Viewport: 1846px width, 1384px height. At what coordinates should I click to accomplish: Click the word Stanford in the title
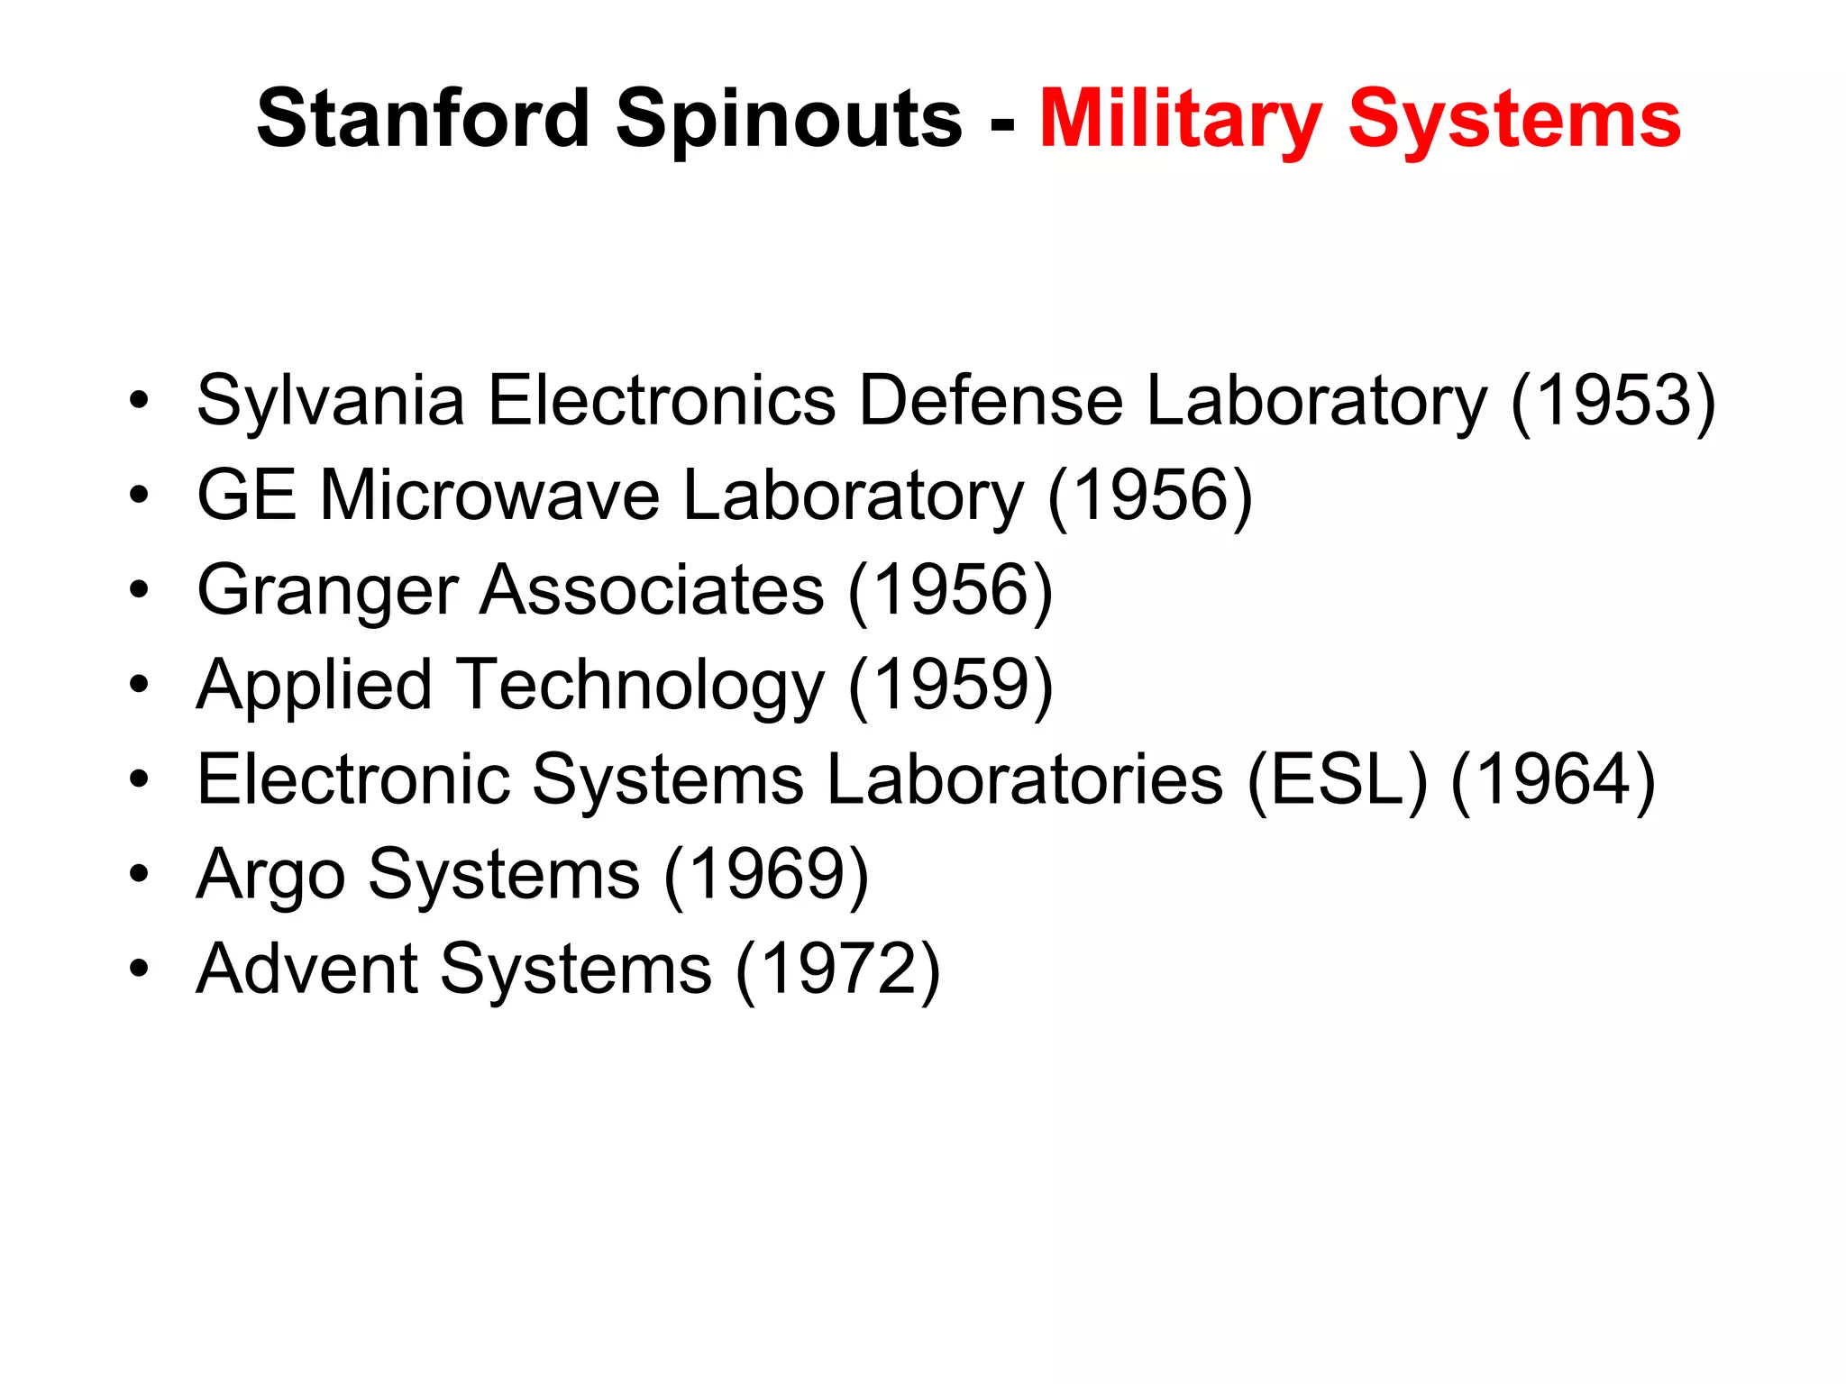pos(423,119)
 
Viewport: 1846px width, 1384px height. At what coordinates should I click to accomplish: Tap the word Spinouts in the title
pos(790,121)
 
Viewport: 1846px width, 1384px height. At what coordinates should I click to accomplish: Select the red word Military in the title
pos(1181,121)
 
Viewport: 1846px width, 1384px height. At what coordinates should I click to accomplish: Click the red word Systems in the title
pos(1514,121)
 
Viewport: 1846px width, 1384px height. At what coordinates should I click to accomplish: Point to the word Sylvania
pos(331,401)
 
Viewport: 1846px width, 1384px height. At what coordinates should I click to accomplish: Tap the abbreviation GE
pos(246,495)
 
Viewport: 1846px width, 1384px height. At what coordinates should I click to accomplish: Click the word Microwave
pos(489,495)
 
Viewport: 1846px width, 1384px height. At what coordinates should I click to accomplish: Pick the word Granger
pos(327,591)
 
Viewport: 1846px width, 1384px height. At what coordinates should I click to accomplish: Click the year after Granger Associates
pos(950,590)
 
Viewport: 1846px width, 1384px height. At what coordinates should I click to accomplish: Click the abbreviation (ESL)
pos(1338,779)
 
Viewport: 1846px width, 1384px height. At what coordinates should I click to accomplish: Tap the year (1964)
pos(1553,779)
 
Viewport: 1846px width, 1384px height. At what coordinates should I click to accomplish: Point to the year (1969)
pos(766,874)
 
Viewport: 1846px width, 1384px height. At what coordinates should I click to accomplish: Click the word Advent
pos(306,969)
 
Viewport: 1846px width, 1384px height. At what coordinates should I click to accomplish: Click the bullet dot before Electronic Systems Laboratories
pos(138,779)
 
